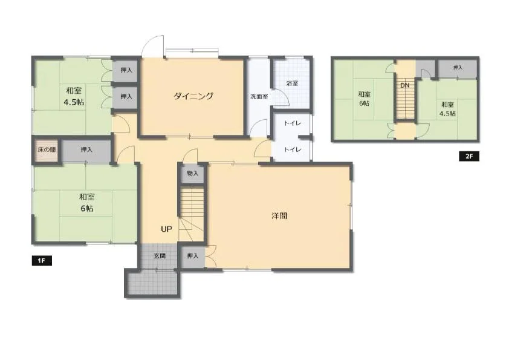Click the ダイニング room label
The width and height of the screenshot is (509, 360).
[x=193, y=96]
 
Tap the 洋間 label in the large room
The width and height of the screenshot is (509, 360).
[x=279, y=216]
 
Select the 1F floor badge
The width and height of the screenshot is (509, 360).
[x=42, y=261]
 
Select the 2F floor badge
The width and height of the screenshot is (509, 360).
[x=469, y=156]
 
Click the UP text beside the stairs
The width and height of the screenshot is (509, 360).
[x=166, y=229]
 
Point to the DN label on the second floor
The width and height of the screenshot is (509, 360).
[x=405, y=85]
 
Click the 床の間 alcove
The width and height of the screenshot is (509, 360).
[x=47, y=150]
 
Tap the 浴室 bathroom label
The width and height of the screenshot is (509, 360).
[x=292, y=83]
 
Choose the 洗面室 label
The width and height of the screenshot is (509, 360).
[x=259, y=96]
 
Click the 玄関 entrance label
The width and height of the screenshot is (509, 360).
[x=160, y=256]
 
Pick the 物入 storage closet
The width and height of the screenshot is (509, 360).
[x=192, y=174]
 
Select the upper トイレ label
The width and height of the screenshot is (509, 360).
[x=293, y=123]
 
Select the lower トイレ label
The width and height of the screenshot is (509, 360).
[x=293, y=149]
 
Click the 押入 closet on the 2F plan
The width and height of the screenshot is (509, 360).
[x=458, y=68]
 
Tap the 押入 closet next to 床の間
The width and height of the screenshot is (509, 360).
[x=86, y=150]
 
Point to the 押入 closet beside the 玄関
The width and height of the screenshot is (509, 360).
[x=192, y=256]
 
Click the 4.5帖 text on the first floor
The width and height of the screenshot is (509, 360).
[x=74, y=102]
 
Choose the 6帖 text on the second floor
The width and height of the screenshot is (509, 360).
[x=364, y=103]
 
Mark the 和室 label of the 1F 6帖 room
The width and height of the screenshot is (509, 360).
[x=86, y=197]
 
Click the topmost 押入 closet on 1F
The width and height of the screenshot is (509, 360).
[x=126, y=70]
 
